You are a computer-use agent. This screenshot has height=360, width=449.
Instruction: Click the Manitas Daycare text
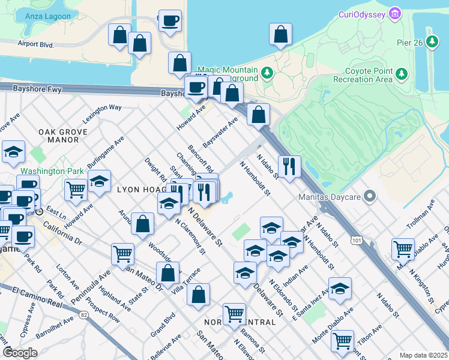[x=333, y=196]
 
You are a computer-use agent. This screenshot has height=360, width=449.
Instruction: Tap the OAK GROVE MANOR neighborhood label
[x=59, y=135]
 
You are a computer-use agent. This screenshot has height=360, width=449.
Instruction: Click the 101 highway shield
[x=357, y=241]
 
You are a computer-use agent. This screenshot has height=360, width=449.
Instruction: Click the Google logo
[x=19, y=352]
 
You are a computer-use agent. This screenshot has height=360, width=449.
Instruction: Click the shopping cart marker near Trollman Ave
[x=403, y=248]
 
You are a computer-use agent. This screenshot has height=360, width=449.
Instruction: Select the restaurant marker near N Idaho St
[x=290, y=166]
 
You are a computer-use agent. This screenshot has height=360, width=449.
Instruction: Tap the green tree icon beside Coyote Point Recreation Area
[x=402, y=74]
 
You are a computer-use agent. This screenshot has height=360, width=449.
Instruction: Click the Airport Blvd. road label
[x=36, y=44]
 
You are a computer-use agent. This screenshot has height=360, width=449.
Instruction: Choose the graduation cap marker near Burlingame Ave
[x=99, y=181]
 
